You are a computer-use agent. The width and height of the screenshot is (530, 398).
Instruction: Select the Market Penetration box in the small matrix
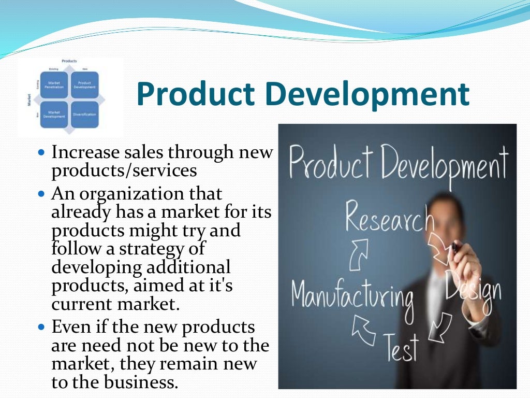(55, 84)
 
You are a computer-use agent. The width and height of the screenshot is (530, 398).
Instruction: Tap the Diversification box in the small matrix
(84, 113)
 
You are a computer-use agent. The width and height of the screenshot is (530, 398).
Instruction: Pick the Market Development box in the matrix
(55, 113)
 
